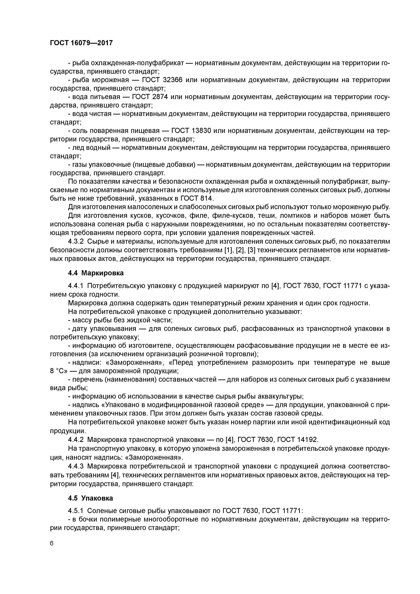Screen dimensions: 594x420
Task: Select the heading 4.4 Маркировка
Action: [x=96, y=273]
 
